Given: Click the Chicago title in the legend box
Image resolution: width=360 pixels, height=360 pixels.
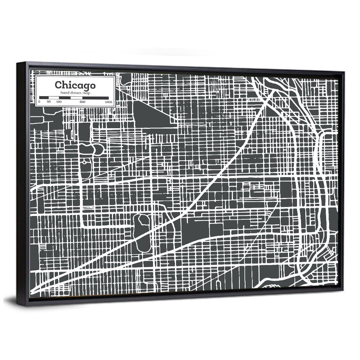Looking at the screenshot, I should pos(75,85).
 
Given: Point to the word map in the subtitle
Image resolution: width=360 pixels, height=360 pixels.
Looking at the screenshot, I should pos(86,93).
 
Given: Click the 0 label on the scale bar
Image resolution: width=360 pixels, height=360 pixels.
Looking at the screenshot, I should pos(39,102).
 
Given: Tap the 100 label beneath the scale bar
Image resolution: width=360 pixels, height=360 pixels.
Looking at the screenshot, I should pos(59,102).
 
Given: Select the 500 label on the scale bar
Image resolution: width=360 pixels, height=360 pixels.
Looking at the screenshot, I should pos(82,102).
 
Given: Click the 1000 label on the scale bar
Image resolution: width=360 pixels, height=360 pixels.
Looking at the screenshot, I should pos(108,102).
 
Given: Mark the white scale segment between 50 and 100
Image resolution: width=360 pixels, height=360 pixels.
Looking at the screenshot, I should pos(54,98).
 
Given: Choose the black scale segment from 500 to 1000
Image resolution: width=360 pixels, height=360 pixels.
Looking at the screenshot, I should pos(95,98).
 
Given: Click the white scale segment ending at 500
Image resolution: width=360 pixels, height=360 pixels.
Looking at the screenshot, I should pos(77,98).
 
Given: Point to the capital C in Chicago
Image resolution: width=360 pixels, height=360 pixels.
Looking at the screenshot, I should pos(58,85).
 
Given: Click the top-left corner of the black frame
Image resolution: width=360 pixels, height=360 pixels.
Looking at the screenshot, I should pos(17,63).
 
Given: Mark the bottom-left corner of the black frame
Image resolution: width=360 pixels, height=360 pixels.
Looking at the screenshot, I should pos(18,305).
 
